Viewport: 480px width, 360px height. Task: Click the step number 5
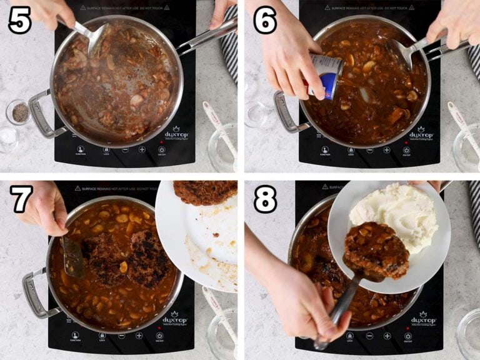(19, 20)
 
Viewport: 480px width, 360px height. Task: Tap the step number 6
(265, 20)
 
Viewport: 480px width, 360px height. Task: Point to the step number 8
(265, 199)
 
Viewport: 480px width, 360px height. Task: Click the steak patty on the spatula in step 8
(376, 250)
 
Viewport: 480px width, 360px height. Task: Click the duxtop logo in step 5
(176, 133)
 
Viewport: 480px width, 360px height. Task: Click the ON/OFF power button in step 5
(162, 151)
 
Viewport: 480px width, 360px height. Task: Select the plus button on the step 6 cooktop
(387, 150)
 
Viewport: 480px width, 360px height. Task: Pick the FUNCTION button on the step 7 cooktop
(75, 337)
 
